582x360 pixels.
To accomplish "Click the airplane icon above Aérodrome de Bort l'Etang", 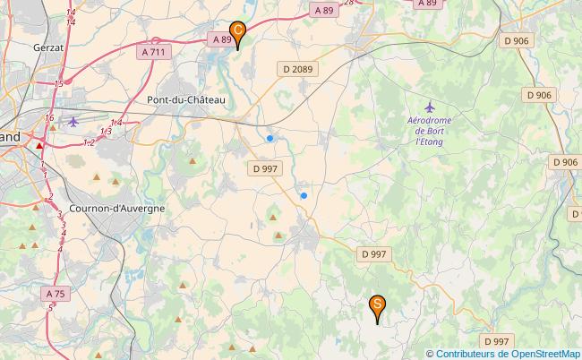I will click(431, 106).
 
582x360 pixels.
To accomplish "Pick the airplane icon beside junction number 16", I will click(73, 120).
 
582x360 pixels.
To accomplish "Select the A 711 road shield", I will click(154, 53).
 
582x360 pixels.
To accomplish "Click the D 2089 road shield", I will click(298, 68).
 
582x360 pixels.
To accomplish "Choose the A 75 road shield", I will click(54, 293).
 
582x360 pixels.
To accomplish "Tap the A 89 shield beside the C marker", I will click(222, 39).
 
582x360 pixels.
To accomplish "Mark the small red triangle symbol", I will click(39, 144).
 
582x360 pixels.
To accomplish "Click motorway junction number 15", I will click(58, 83).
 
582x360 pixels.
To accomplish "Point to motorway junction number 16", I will click(49, 117).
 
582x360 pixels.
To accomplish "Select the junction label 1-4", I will click(116, 123).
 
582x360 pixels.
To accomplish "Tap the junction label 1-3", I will click(106, 132).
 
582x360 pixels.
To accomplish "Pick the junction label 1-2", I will click(89, 141).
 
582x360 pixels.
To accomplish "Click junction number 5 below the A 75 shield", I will click(51, 307).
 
